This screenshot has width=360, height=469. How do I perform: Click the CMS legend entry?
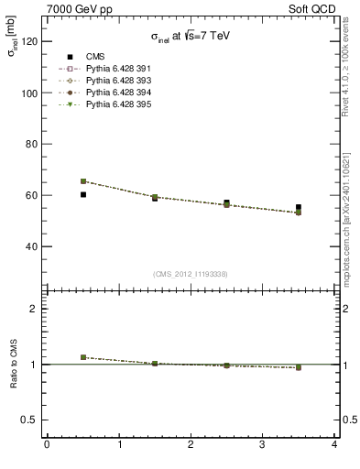pos(83,56)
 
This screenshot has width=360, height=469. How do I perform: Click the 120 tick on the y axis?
pos(27,42)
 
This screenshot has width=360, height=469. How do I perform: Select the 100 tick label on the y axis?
pos(27,93)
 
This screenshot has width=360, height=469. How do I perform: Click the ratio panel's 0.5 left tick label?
pos(27,420)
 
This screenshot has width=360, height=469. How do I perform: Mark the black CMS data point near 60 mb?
pos(82,194)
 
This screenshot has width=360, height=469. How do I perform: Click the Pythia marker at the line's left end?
pos(82,181)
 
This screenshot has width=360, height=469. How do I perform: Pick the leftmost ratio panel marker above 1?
pos(82,357)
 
